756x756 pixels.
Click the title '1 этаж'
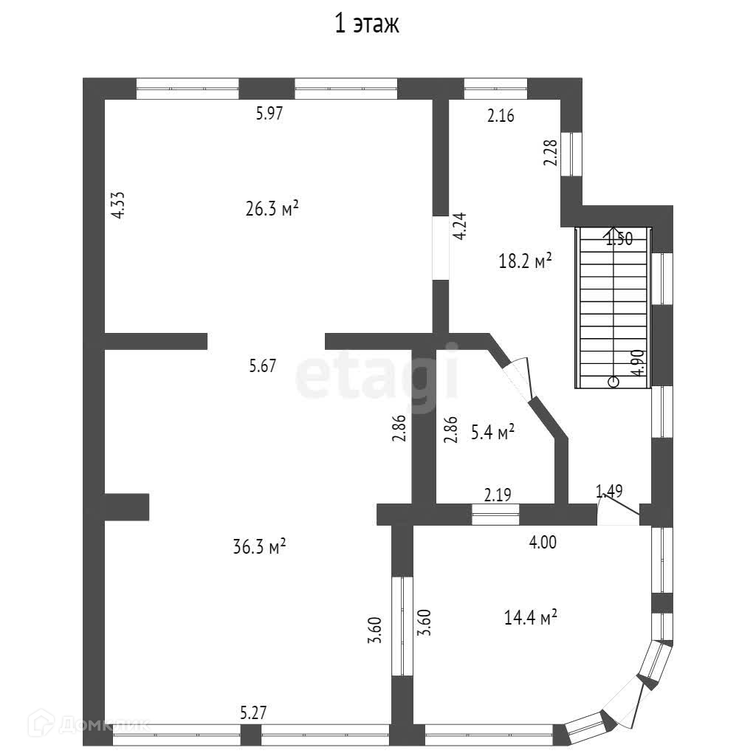pos(367,24)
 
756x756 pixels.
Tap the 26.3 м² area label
pos(272,209)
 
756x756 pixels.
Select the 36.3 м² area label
pos(259,547)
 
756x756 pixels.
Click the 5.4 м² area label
pos(493,433)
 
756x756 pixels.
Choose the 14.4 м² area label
pos(530,617)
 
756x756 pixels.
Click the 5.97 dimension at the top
pos(269,114)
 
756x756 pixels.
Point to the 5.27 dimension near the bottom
pos(254,713)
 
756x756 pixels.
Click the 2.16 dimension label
pos(500,115)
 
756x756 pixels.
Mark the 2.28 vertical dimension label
pos(550,153)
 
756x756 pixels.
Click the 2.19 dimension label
pos(498,494)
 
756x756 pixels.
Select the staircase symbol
pos(613,307)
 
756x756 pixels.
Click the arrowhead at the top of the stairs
pos(613,231)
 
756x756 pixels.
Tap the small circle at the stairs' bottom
pos(613,382)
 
